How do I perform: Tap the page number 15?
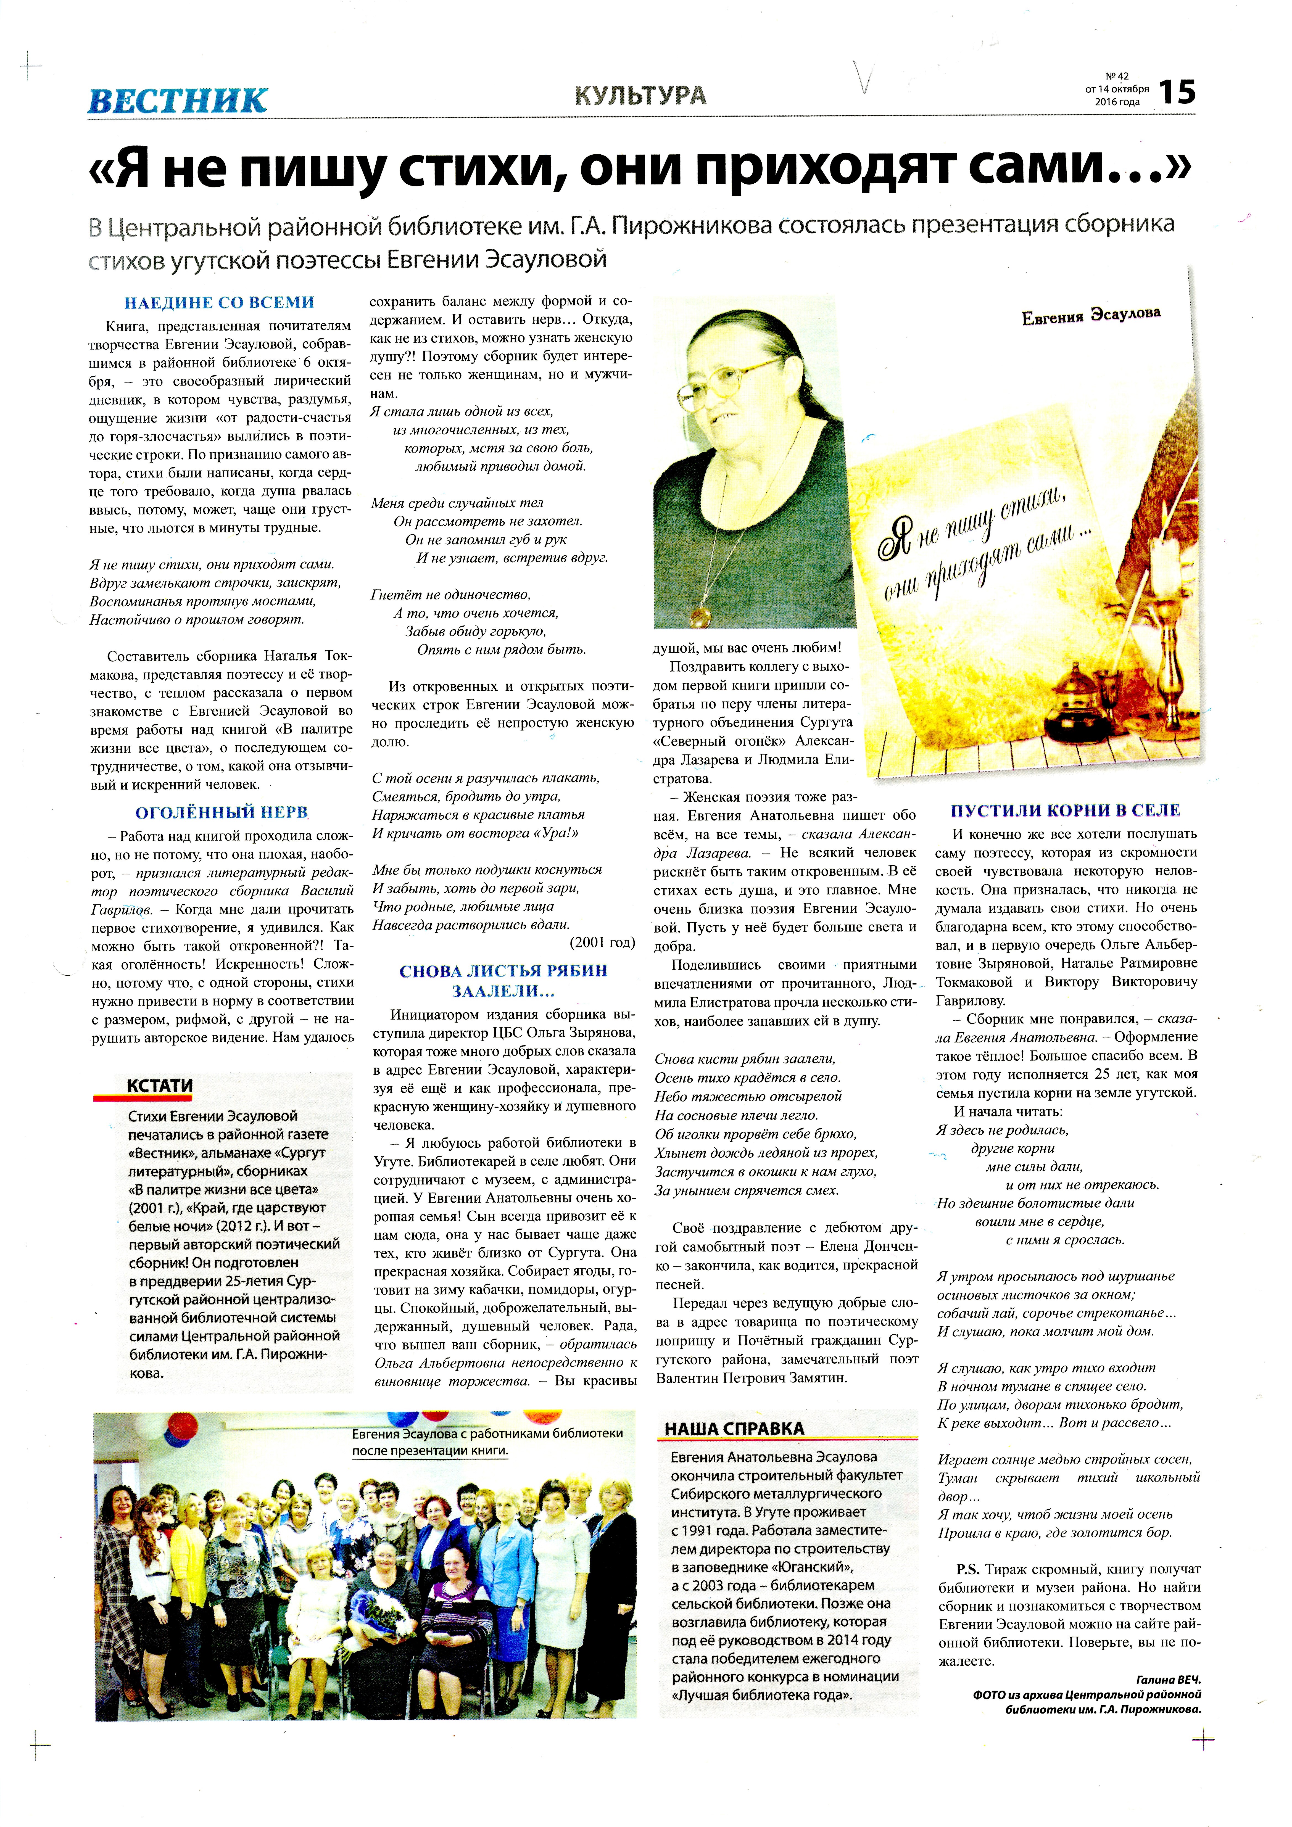[x=1177, y=93]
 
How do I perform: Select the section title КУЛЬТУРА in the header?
[x=640, y=96]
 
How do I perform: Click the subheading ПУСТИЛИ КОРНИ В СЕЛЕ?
[x=1065, y=810]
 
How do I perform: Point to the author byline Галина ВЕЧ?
[x=1168, y=1680]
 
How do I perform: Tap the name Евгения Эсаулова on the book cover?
[x=1091, y=315]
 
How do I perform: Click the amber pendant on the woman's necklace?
[x=702, y=614]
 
